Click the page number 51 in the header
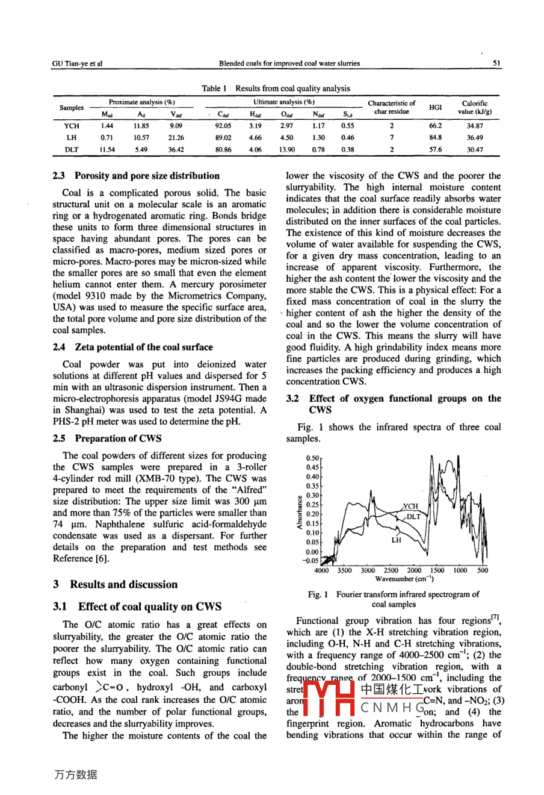[x=496, y=63]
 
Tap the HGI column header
[x=436, y=107]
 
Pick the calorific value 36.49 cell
[x=474, y=137]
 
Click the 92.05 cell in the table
[x=223, y=126]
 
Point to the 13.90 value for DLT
[x=287, y=149]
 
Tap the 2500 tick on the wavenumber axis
[x=391, y=570]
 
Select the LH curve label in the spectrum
[x=396, y=540]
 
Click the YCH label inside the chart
[x=410, y=507]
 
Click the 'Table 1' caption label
[x=214, y=89]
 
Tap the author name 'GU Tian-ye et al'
[x=77, y=63]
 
